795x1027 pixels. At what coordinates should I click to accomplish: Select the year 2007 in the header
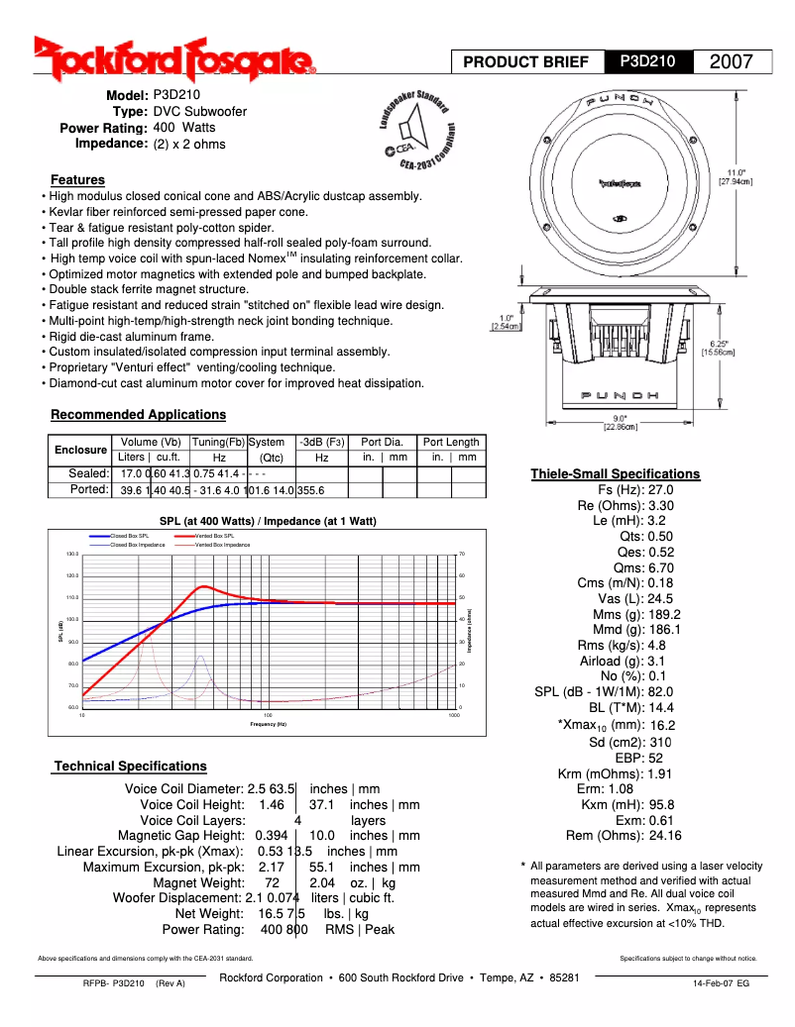(x=733, y=61)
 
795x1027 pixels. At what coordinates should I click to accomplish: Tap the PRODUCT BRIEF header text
(x=526, y=61)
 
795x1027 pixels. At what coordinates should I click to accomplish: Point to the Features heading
(x=77, y=179)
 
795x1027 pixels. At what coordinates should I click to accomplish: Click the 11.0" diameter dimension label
(x=735, y=177)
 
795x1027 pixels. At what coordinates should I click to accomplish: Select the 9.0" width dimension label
(x=620, y=423)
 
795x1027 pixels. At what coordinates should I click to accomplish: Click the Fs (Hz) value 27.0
(x=661, y=489)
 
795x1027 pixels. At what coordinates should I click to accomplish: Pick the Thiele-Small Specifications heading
(x=615, y=473)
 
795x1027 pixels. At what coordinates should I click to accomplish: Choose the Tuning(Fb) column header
(x=218, y=442)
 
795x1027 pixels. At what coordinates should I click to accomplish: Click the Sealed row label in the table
(x=88, y=473)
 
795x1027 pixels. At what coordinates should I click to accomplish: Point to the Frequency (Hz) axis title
(x=268, y=724)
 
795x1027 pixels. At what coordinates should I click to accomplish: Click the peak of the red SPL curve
(x=203, y=586)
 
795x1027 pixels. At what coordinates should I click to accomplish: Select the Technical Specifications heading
(x=130, y=766)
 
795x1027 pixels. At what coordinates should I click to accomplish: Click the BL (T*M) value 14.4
(x=661, y=707)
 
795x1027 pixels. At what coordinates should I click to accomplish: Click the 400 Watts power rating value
(x=184, y=128)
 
